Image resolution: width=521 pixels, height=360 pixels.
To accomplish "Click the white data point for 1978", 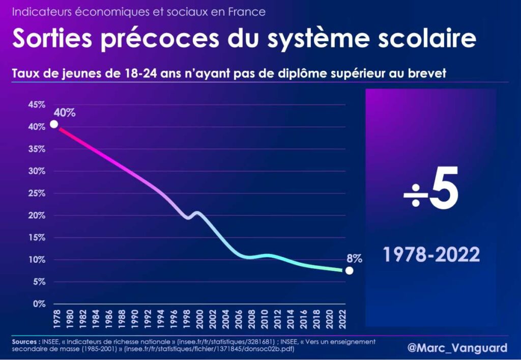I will point(53,124).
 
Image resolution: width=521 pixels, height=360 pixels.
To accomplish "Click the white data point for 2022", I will point(349,270).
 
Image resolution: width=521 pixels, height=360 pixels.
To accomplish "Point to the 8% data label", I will point(354,258).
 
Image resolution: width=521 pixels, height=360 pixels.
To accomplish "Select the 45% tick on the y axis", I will point(36,105).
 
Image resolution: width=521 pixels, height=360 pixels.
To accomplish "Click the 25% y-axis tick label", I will point(36,193).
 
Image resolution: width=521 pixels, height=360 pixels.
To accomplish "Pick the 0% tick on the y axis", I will point(39,304).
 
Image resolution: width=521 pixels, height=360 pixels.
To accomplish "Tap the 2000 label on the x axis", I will point(199,317).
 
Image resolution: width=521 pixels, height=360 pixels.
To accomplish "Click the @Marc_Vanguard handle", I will point(457,348).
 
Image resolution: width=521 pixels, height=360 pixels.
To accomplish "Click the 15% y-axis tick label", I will point(36,238).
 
